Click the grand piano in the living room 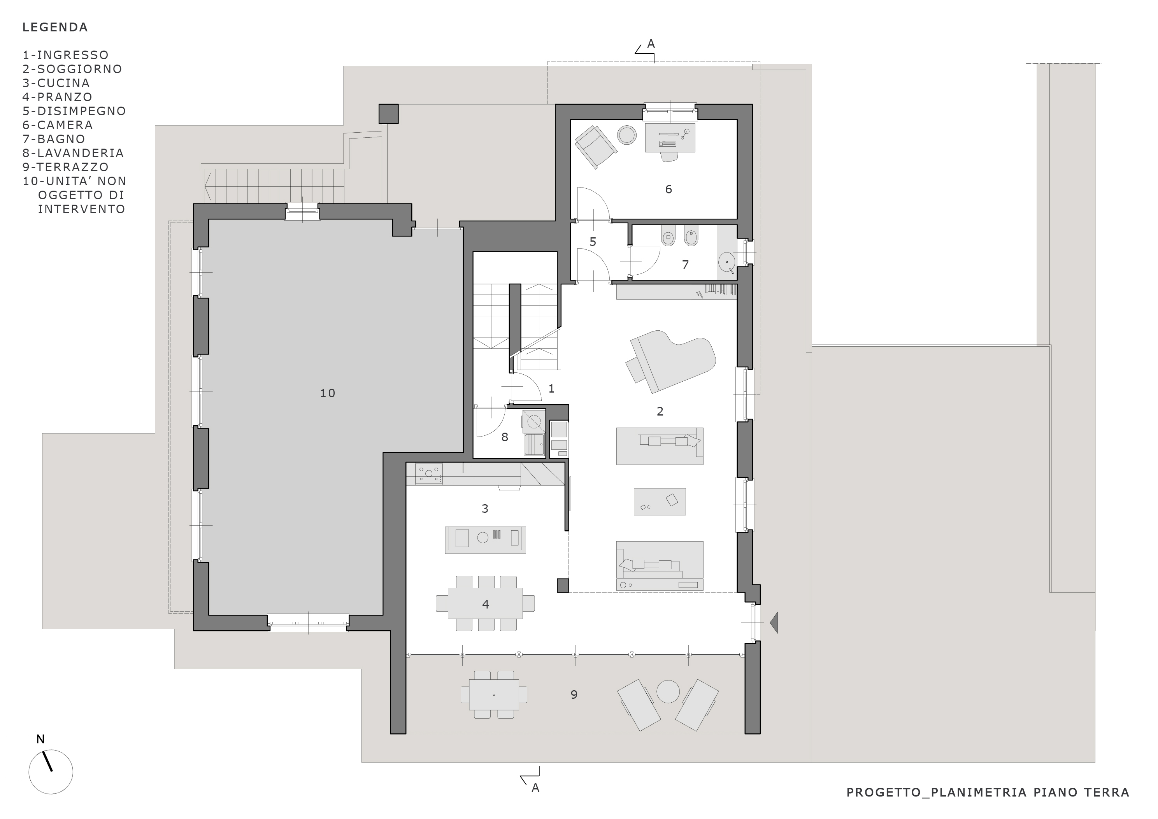671,361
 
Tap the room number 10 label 327,393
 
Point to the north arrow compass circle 51,772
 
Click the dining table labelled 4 485,603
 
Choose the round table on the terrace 668,691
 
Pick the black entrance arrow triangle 774,622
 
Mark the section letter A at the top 651,44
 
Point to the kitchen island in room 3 485,540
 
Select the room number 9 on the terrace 574,694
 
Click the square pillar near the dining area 563,585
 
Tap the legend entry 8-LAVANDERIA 73,153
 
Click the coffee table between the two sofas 660,501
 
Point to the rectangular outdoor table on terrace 494,694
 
